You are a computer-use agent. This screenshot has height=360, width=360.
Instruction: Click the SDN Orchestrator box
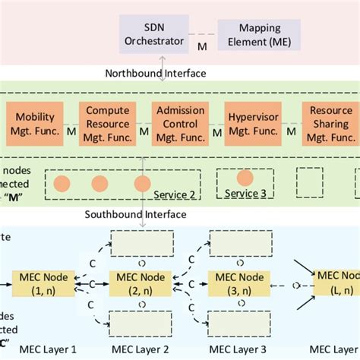[156, 34]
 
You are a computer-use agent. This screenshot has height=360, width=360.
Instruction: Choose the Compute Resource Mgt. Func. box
[107, 124]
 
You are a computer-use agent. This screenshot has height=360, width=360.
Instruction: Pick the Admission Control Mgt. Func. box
[180, 124]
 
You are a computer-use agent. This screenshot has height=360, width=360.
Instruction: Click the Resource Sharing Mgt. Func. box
[330, 124]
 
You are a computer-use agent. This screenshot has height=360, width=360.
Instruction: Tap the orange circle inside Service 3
[245, 178]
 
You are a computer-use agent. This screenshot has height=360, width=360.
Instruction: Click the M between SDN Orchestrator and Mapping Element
[202, 48]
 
